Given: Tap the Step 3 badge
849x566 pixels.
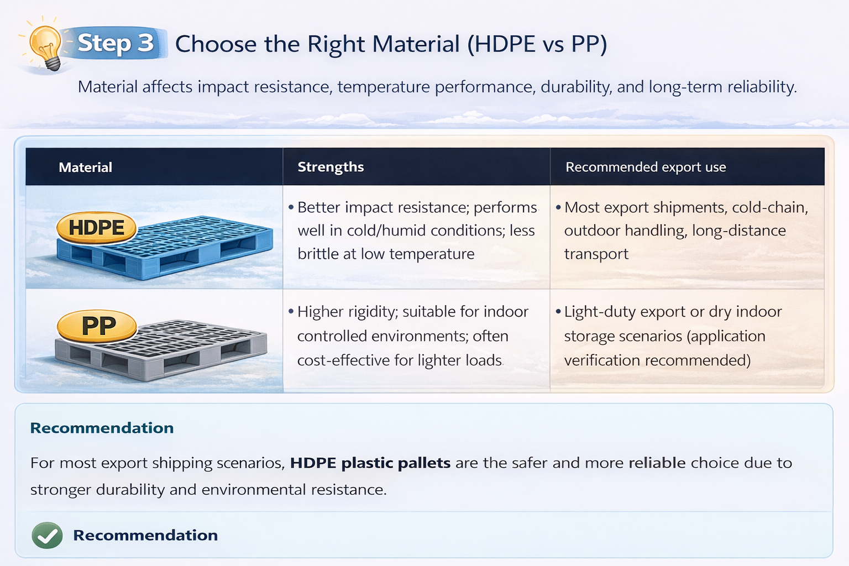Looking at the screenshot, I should [x=115, y=43].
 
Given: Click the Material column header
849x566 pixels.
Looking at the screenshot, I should [x=85, y=167].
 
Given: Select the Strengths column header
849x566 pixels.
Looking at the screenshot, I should [x=331, y=167].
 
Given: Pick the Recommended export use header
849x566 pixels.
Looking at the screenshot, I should [x=645, y=167].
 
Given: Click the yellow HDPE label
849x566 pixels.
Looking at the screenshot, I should [x=97, y=227].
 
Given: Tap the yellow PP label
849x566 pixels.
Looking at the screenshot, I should [x=98, y=326].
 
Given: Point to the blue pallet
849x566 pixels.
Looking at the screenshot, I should [x=182, y=249].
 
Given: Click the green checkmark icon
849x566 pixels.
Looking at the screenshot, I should [x=47, y=535].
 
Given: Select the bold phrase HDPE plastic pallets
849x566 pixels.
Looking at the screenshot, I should [x=370, y=463].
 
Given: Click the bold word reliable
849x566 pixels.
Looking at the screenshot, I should [x=657, y=463].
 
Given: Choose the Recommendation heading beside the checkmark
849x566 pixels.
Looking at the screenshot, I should [x=145, y=535].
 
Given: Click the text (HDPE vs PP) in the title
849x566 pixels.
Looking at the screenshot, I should [x=537, y=44].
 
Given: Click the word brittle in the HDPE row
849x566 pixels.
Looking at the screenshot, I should [x=317, y=254].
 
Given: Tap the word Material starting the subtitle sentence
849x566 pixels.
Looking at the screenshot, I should [x=107, y=87].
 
